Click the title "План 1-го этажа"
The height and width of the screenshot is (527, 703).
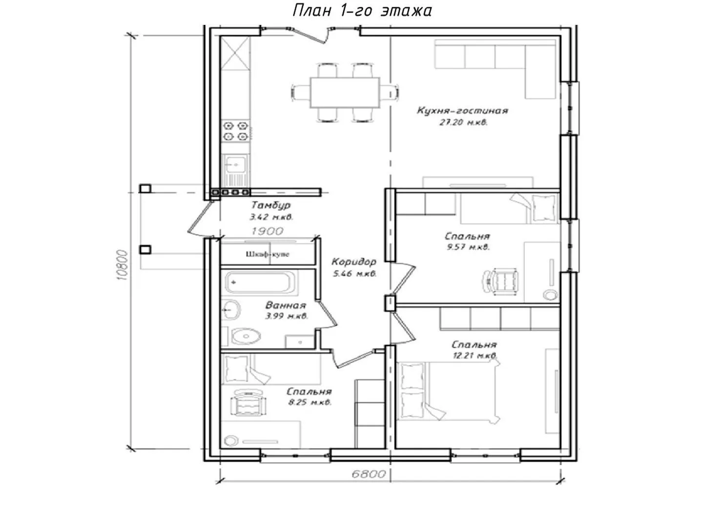362,11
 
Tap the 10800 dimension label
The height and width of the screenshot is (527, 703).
123,265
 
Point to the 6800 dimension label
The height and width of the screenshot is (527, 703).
369,474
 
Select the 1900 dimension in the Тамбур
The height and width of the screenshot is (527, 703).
268,231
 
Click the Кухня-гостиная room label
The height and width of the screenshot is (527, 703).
462,111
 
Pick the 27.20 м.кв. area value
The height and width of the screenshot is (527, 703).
463,122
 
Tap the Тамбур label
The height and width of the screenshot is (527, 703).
271,205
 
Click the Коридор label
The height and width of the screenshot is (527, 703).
354,262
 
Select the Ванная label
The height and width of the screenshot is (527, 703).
286,305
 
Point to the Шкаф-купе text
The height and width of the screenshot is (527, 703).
268,254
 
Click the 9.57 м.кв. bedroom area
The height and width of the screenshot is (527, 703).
468,247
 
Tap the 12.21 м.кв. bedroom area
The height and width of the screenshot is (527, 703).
475,355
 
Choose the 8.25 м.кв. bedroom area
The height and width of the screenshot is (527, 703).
310,402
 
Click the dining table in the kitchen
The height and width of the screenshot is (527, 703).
345,93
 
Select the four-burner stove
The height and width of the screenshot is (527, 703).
236,131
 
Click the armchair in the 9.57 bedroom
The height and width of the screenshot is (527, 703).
499,280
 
